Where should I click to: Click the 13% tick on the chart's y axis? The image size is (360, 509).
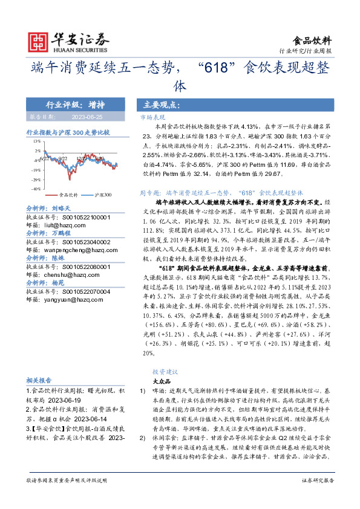[37, 140]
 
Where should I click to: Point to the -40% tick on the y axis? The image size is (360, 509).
[36, 189]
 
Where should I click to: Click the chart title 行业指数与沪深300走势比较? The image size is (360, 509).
[68, 131]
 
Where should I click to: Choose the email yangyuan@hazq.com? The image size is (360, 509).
[69, 297]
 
